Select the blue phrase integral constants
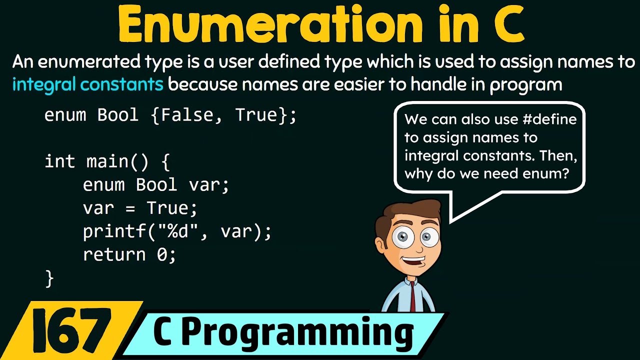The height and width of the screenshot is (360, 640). point(87,84)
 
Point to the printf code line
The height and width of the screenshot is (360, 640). point(177,231)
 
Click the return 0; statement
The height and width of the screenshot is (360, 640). point(129,255)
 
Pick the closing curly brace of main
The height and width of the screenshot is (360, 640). point(49,278)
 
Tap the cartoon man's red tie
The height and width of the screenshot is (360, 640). point(413,297)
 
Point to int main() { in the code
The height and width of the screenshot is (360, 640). point(107,162)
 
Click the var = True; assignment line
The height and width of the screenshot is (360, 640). point(140,208)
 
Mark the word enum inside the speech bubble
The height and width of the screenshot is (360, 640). point(548,173)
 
